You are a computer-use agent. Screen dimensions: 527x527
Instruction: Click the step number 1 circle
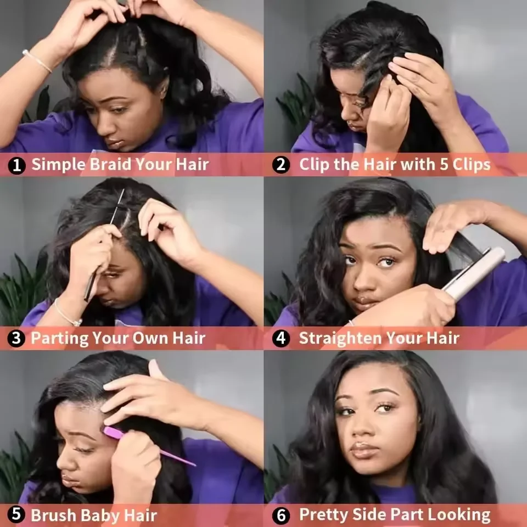pos(17,165)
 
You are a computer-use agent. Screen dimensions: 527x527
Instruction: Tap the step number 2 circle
pos(281,165)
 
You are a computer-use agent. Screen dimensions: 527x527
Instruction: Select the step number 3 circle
pos(17,339)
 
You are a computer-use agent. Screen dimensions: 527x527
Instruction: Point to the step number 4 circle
pos(281,339)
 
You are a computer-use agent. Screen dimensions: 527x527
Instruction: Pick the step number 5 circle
pos(17,515)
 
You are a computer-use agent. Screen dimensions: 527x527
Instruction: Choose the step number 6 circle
pos(281,515)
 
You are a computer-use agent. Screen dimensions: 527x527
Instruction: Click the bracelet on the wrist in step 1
pos(37,60)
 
